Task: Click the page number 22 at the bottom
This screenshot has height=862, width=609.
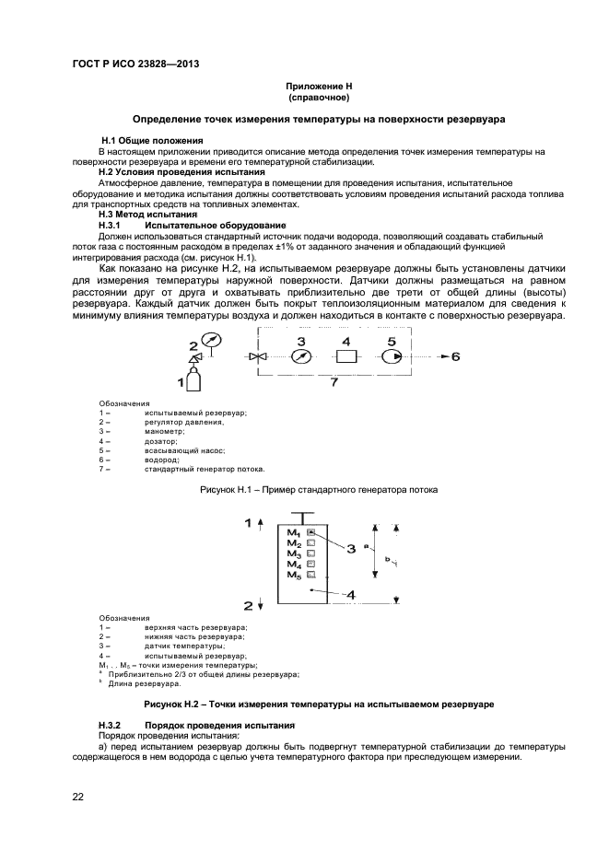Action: pyautogui.click(x=78, y=797)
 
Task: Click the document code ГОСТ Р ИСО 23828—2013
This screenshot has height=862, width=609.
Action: pyautogui.click(x=135, y=64)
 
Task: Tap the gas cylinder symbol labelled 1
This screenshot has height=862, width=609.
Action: pyautogui.click(x=192, y=379)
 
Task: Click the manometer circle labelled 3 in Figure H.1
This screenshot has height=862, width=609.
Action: pyautogui.click(x=299, y=356)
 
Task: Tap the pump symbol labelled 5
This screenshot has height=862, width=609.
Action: pyautogui.click(x=391, y=356)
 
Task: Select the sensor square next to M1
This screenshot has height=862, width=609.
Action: pyautogui.click(x=311, y=532)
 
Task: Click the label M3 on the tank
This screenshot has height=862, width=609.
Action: pyautogui.click(x=294, y=553)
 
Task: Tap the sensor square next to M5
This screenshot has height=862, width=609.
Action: pyautogui.click(x=311, y=575)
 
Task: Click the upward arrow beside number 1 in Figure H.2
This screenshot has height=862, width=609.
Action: pyautogui.click(x=262, y=523)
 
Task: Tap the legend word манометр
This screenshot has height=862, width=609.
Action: pyautogui.click(x=164, y=431)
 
